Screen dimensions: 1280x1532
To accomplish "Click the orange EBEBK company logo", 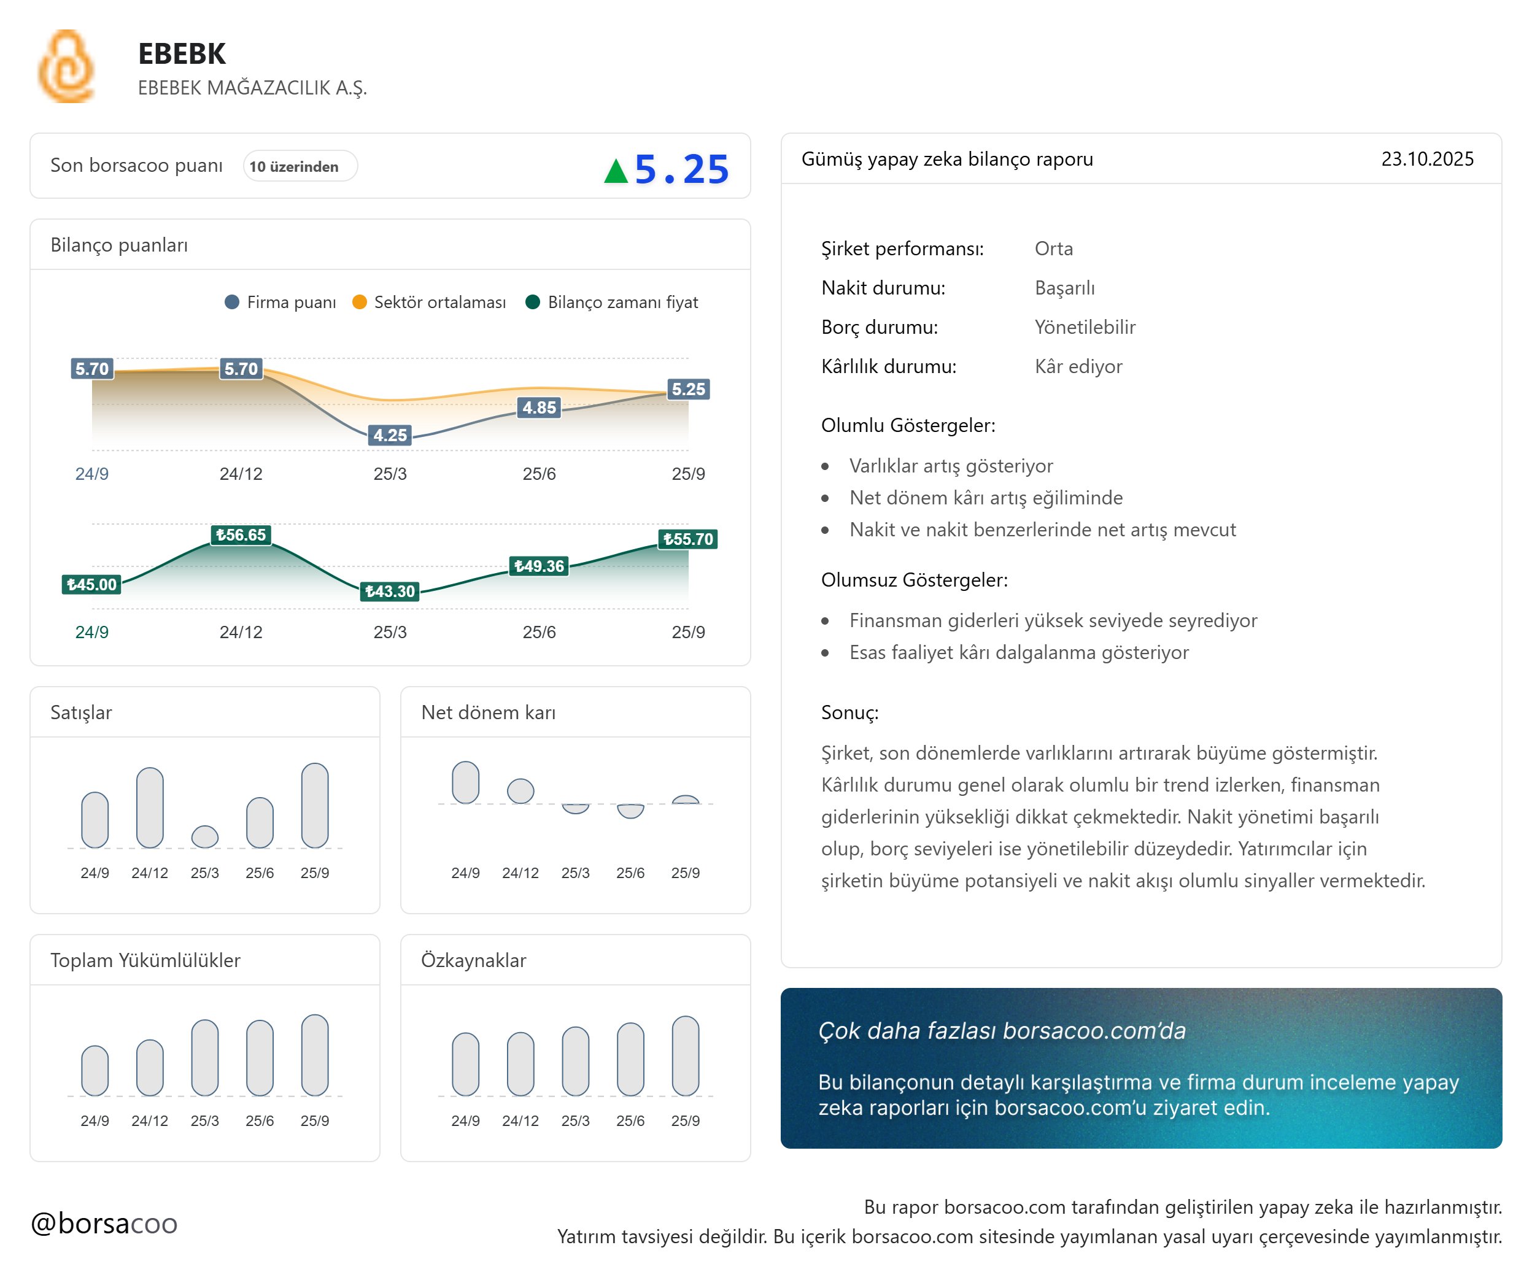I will [x=66, y=66].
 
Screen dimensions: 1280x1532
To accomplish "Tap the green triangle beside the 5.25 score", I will [x=616, y=171].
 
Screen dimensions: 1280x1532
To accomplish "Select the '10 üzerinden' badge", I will [x=300, y=166].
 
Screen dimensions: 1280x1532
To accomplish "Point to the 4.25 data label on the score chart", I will [x=390, y=436].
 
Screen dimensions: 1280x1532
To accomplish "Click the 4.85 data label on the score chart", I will [x=539, y=407].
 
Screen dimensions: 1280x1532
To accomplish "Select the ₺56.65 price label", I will [x=241, y=534].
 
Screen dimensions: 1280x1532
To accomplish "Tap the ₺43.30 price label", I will [x=390, y=591].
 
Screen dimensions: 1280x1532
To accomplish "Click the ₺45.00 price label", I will [x=91, y=584].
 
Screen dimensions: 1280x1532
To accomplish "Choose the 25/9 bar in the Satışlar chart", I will [x=314, y=805].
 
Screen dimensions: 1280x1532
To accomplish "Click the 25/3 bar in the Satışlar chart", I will [x=204, y=836].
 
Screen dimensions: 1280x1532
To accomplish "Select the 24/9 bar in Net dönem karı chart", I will [x=465, y=782].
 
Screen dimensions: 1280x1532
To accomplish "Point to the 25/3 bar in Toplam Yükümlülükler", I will [x=204, y=1057].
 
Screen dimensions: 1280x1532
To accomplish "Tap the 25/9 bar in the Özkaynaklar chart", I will [x=685, y=1055].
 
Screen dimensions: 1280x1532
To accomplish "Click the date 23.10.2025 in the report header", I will [x=1427, y=159].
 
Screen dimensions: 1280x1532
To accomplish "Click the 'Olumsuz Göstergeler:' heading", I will [x=914, y=580].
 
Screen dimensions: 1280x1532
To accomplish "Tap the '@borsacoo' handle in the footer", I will [x=104, y=1223].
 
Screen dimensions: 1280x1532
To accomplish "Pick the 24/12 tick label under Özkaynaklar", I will [x=520, y=1120].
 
